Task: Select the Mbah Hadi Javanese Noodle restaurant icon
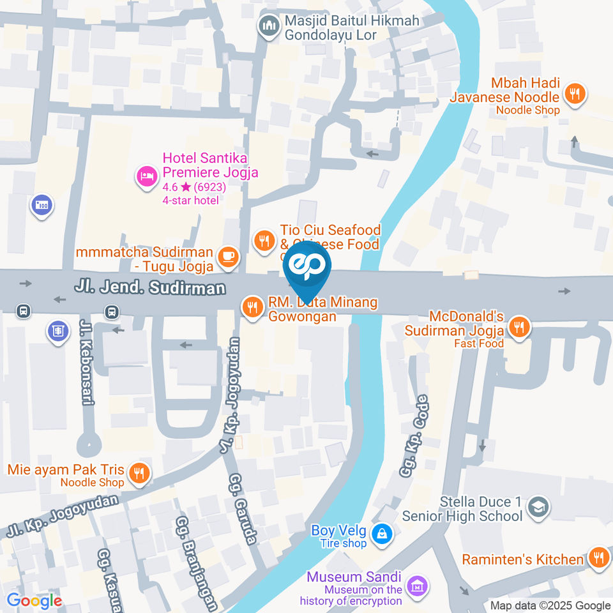[x=575, y=94]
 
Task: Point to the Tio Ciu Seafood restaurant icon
[x=263, y=240]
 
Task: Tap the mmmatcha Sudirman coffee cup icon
[x=228, y=255]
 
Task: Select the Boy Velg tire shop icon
[x=382, y=533]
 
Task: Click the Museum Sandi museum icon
[x=418, y=584]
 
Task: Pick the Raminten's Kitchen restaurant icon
[x=598, y=557]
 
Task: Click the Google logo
[x=34, y=601]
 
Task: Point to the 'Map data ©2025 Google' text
[x=550, y=605]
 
